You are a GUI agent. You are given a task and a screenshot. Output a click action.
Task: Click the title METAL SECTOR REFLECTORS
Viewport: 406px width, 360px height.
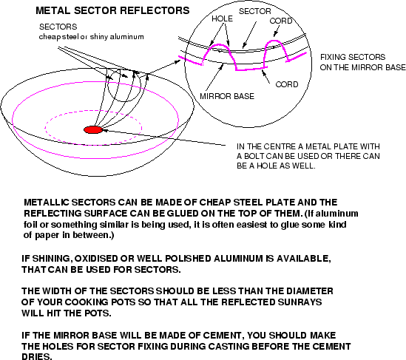pyautogui.click(x=112, y=10)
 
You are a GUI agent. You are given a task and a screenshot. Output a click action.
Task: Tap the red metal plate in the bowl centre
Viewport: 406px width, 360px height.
pyautogui.click(x=93, y=129)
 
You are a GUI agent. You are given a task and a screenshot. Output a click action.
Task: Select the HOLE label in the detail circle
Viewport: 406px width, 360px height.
pyautogui.click(x=222, y=18)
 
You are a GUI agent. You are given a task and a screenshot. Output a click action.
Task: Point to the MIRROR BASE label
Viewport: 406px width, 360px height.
pyautogui.click(x=227, y=96)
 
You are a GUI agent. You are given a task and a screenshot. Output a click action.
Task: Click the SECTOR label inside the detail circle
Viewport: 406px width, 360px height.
pyautogui.click(x=255, y=11)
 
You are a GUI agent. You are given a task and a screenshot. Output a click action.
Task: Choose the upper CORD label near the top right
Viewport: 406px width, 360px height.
pyautogui.click(x=281, y=21)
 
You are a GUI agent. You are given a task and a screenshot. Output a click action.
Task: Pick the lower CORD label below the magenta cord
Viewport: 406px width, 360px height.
pyautogui.click(x=287, y=84)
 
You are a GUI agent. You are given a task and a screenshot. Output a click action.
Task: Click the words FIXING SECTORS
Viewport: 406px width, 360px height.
pyautogui.click(x=353, y=57)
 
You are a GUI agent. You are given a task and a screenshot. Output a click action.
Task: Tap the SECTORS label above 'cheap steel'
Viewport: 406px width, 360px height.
pyautogui.click(x=58, y=27)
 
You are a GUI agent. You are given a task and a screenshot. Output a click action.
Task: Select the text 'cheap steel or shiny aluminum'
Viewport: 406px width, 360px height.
pyautogui.click(x=92, y=37)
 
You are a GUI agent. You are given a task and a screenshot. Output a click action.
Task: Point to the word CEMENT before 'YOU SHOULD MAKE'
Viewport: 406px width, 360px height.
pyautogui.click(x=222, y=336)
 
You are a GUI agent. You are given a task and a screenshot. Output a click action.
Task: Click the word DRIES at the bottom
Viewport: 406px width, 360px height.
pyautogui.click(x=36, y=356)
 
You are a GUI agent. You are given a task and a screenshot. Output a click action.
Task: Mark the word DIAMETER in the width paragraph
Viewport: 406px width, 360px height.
pyautogui.click(x=310, y=291)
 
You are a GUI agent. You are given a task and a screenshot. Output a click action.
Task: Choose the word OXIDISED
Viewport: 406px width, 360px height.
pyautogui.click(x=96, y=259)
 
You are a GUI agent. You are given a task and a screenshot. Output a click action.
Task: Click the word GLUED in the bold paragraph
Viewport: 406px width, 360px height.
pyautogui.click(x=182, y=214)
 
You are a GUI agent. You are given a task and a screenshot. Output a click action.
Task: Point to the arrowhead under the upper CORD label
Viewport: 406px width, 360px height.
pyautogui.click(x=275, y=35)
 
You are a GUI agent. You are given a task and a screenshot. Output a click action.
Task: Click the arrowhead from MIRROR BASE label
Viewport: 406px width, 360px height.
pyautogui.click(x=222, y=67)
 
